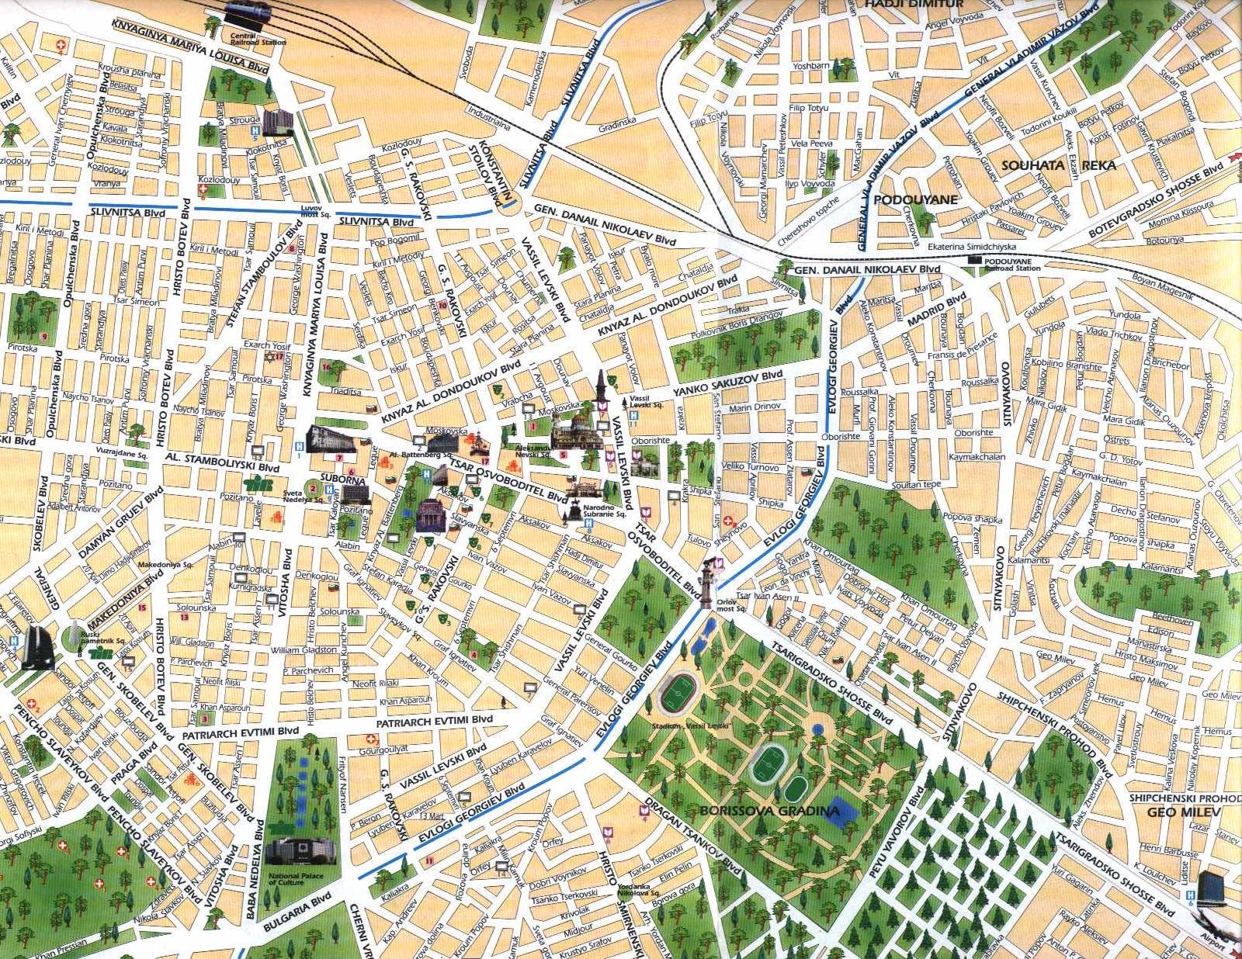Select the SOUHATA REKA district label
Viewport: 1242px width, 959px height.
1058,165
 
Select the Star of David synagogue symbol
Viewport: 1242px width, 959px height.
270,358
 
